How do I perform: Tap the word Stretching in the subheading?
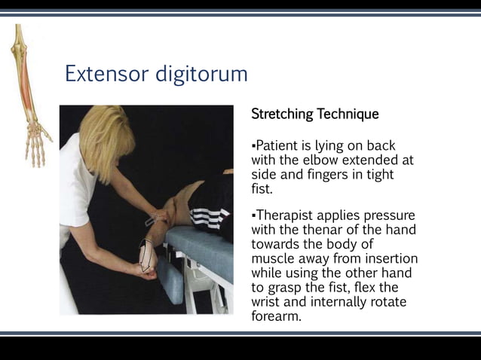[282, 114]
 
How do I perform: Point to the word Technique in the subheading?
[348, 114]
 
